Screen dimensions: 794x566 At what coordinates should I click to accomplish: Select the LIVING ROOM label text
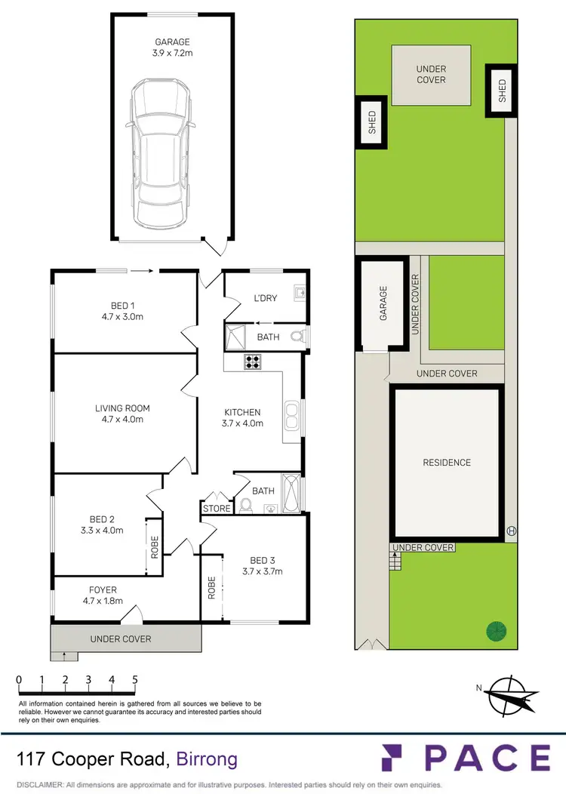(118, 408)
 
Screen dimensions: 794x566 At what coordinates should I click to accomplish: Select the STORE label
(217, 509)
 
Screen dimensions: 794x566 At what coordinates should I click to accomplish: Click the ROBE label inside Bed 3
(212, 588)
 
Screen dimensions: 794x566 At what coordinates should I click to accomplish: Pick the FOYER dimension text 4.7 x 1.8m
(103, 602)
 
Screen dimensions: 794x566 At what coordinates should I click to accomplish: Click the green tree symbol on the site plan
(496, 629)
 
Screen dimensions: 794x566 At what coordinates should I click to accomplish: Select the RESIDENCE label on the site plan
(446, 463)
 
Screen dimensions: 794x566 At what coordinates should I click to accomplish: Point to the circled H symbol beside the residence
(511, 529)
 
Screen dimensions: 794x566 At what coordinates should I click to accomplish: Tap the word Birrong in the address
(207, 759)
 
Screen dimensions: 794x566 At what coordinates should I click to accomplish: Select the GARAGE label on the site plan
(383, 303)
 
